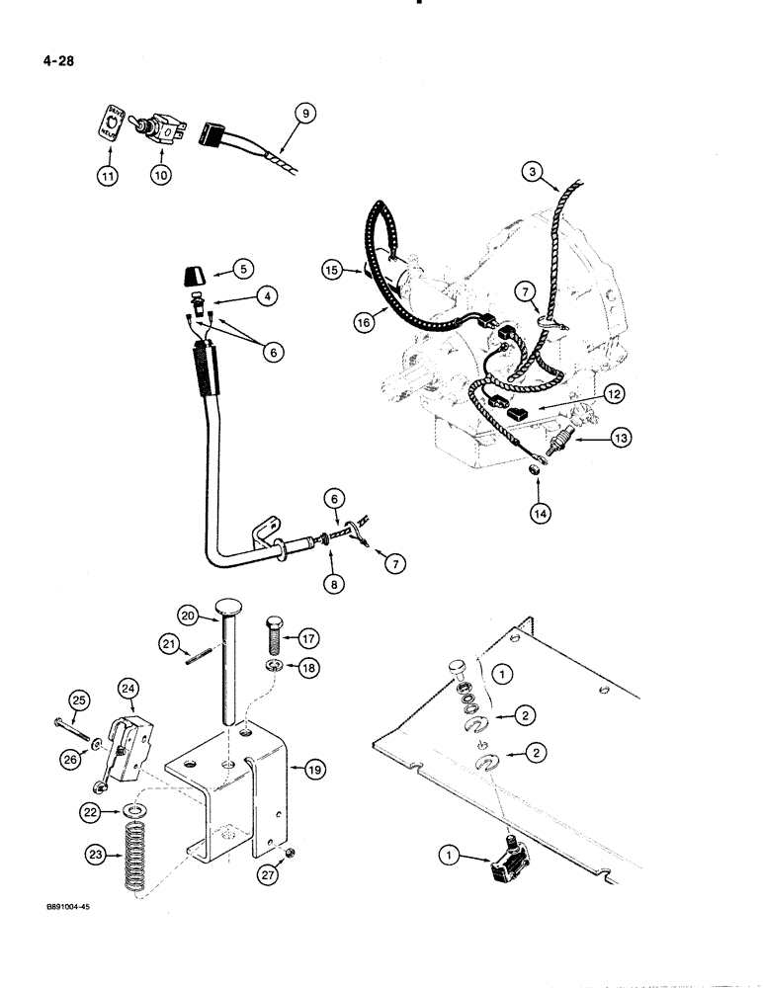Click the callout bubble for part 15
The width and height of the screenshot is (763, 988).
[x=332, y=268]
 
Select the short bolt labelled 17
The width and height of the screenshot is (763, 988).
[x=276, y=628]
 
